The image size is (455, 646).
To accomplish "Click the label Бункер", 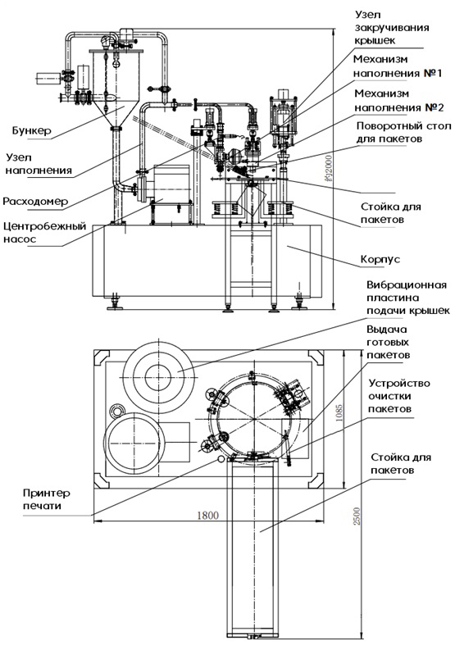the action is coord(32,130).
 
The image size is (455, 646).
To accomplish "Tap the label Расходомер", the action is coord(35,202).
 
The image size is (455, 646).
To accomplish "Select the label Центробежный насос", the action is coord(44,232).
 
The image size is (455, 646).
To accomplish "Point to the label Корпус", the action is coord(380,260).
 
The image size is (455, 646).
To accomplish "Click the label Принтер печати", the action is coord(47,499).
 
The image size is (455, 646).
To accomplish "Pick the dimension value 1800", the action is coord(208,515).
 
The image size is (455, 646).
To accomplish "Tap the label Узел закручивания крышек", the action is coord(392,28).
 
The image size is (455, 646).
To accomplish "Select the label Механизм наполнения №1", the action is coord(398,66).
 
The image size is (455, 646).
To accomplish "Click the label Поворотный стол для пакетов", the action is coord(403,132).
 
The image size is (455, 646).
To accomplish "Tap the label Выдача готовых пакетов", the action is coord(388,342).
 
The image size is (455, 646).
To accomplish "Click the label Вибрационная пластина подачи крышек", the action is coord(407,298).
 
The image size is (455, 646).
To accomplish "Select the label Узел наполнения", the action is coord(39,164).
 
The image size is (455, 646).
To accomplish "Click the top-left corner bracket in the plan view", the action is coord(102,357).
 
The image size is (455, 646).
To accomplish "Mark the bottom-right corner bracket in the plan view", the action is coord(316,480).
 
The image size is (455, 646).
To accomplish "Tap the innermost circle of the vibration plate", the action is coord(158,377).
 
